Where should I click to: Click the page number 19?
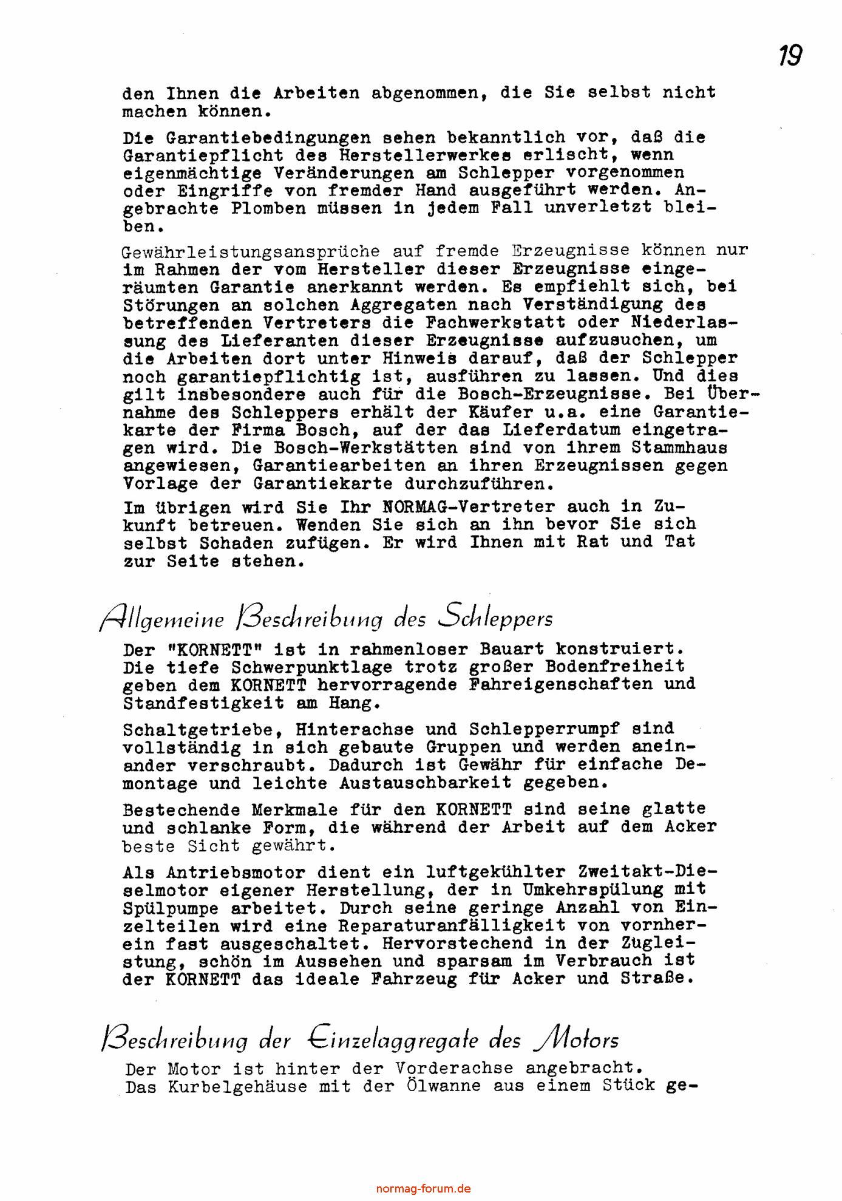tap(790, 56)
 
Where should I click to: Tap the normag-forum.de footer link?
tap(423, 1189)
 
